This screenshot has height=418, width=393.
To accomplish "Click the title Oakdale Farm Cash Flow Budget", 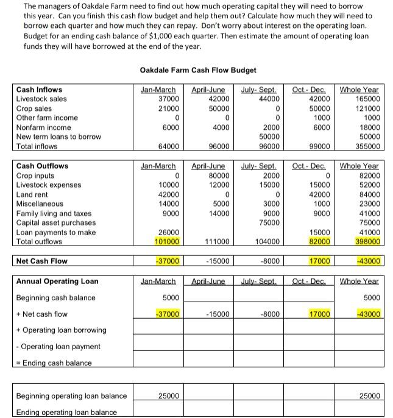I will (198, 71).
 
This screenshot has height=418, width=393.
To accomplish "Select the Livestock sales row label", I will (41, 99).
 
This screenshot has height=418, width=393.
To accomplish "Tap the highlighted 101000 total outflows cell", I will (166, 241).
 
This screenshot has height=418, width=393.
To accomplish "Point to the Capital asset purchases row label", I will (55, 222).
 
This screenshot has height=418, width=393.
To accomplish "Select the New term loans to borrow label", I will (55, 136).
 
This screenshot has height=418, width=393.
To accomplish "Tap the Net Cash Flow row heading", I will (42, 261).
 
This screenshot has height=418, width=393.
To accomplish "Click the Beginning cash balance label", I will (55, 297).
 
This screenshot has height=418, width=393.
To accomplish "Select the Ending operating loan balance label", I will (66, 413).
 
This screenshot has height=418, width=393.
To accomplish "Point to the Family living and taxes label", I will (54, 213).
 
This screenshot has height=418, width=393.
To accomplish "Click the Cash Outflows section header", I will (42, 166).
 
